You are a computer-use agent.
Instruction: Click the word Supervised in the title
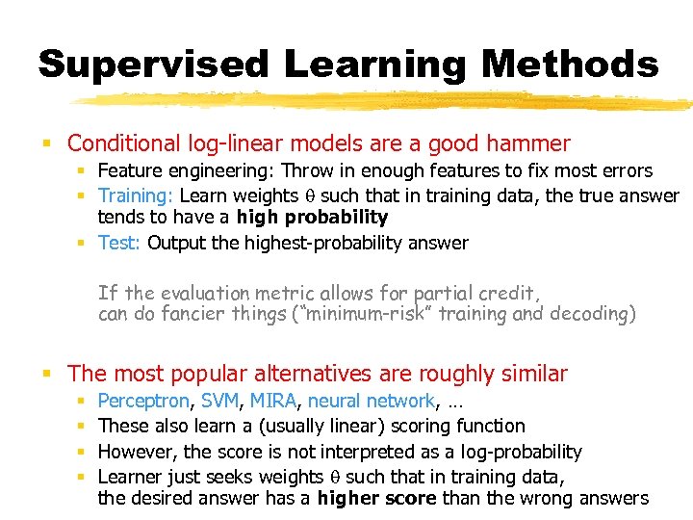click(x=153, y=65)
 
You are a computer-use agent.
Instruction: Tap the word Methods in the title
click(x=571, y=65)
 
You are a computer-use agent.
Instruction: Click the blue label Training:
click(x=135, y=195)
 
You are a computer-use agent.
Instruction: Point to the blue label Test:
click(x=120, y=243)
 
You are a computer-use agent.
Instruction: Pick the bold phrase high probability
click(x=312, y=218)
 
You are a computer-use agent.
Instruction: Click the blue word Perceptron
click(x=146, y=401)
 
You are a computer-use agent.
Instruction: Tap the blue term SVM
click(x=220, y=401)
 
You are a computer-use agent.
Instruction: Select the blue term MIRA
click(x=272, y=401)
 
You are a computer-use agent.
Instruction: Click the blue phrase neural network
click(x=372, y=401)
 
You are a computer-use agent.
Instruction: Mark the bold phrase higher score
click(x=373, y=499)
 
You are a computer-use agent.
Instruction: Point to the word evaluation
click(x=212, y=293)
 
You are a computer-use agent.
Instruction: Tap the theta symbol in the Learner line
click(x=336, y=477)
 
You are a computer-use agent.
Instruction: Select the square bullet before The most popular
click(x=46, y=375)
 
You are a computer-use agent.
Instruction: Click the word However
click(x=137, y=452)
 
